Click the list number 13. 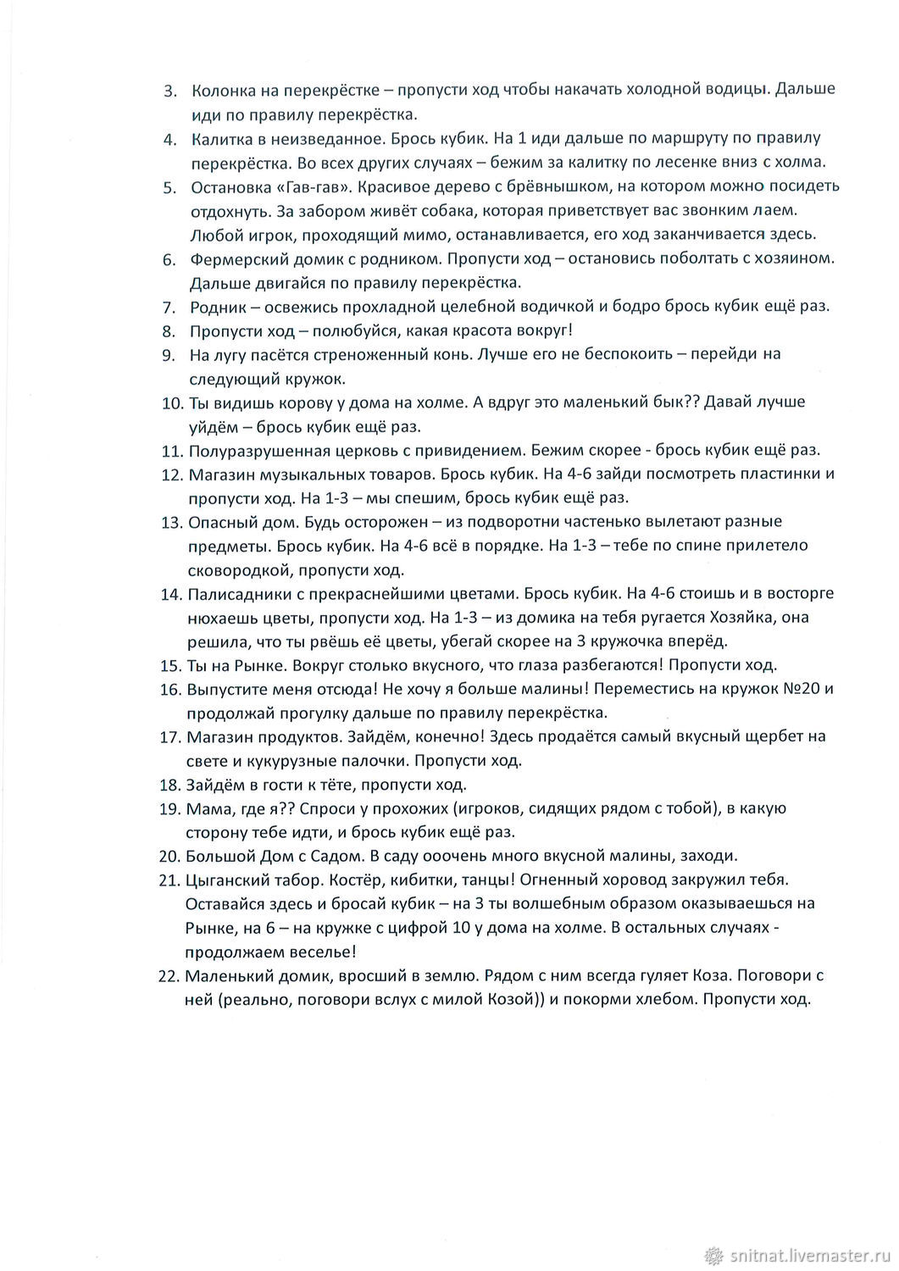(171, 521)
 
